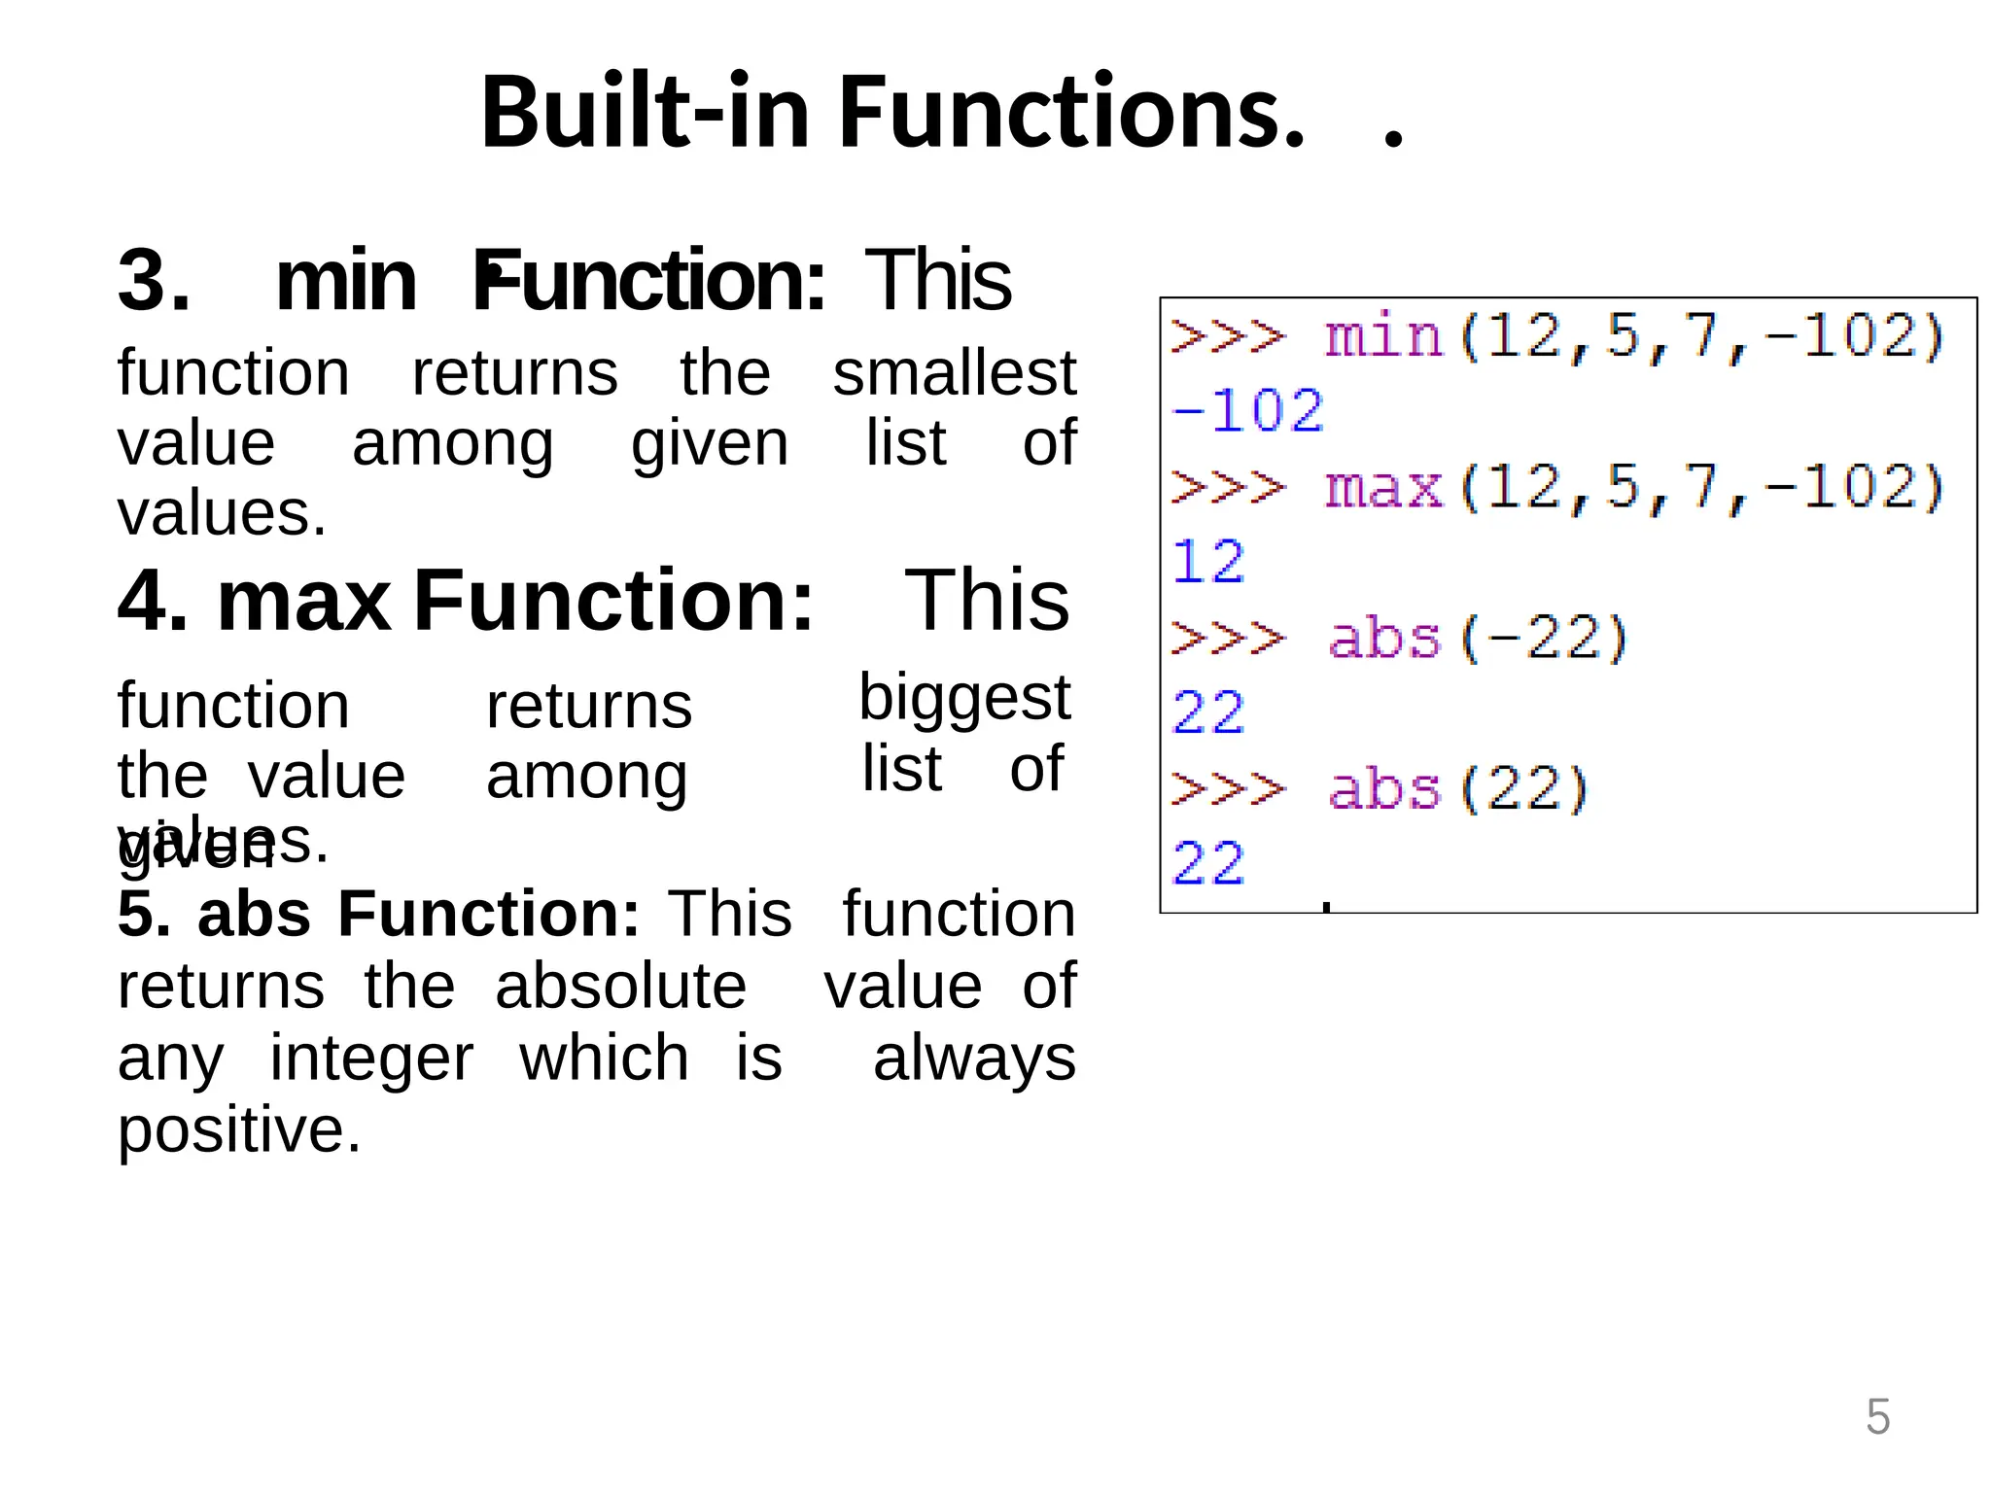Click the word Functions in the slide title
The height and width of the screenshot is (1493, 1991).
coord(1069,113)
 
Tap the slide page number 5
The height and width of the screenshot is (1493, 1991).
coord(1877,1416)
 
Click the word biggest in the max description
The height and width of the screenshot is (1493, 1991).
coord(963,698)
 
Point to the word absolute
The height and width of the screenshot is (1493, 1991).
coord(620,986)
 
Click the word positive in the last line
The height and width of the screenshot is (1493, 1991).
coord(238,1130)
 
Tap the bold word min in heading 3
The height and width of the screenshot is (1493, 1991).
coord(346,281)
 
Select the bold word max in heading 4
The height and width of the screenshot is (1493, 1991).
coord(303,601)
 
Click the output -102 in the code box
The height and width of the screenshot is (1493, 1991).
coord(1247,410)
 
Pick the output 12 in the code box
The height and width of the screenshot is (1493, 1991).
coord(1207,562)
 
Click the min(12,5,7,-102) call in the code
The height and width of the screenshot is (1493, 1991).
coord(1634,336)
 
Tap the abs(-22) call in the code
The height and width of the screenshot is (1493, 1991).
coord(1478,638)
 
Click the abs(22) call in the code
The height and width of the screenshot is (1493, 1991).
coord(1458,788)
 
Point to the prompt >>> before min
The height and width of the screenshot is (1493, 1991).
coord(1227,336)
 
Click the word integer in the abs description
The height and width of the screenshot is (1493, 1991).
coord(371,1058)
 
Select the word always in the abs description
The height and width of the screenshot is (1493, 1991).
coord(974,1058)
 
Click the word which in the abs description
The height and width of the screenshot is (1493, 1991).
coord(604,1058)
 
